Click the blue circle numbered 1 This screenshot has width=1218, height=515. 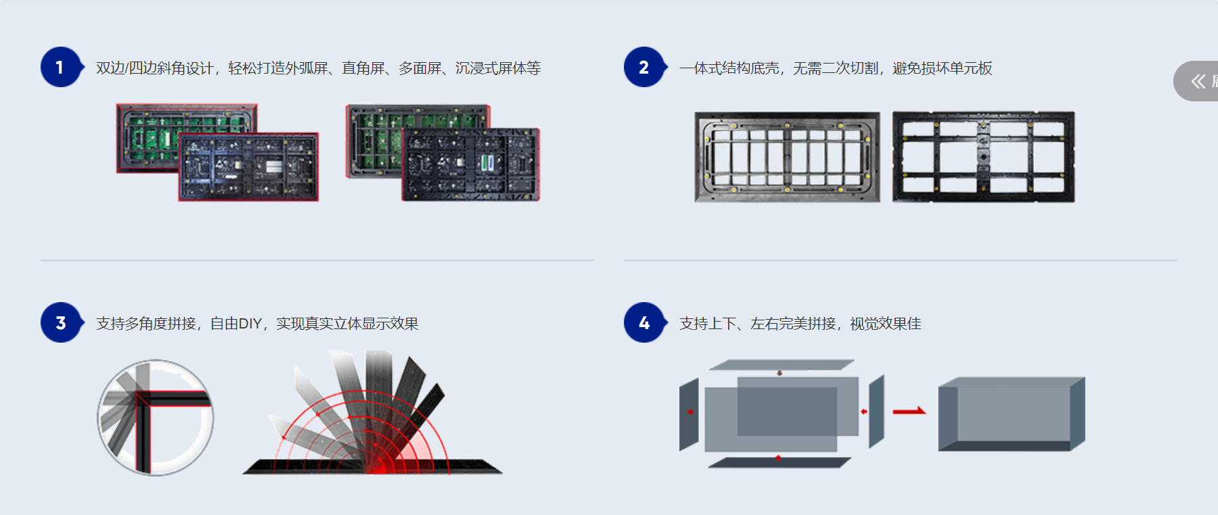click(60, 67)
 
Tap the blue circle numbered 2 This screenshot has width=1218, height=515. click(644, 67)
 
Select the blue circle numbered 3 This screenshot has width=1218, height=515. click(60, 322)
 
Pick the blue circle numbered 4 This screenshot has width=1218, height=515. click(644, 322)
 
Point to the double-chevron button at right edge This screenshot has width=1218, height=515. click(1198, 81)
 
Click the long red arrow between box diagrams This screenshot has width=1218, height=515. click(909, 411)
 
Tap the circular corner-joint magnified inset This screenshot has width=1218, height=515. click(156, 417)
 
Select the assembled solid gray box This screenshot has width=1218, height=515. click(1011, 414)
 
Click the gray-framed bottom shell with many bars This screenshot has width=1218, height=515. click(787, 157)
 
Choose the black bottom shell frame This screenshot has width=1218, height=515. click(983, 157)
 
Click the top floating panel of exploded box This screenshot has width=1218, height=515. click(782, 365)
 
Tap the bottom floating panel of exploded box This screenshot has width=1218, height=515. click(778, 463)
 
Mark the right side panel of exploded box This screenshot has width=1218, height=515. click(876, 411)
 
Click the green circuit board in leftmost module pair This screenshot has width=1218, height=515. click(152, 135)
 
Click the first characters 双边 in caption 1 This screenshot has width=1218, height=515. click(110, 68)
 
